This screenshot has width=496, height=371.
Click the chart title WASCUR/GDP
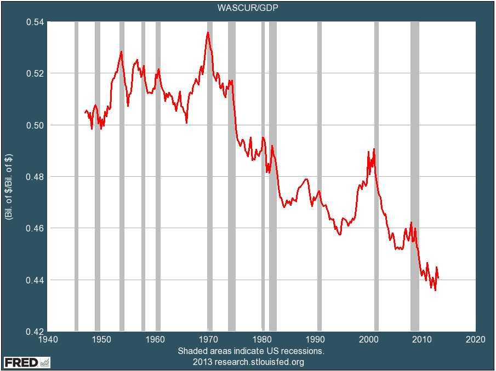pos(248,8)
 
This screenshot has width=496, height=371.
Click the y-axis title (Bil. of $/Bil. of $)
pos(9,176)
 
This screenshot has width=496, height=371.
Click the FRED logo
pos(27,362)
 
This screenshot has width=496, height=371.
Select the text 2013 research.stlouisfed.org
pos(248,362)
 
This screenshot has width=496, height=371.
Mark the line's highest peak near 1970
pos(208,32)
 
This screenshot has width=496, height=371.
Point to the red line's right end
pos(438,278)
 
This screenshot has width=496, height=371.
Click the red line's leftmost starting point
pos(84,112)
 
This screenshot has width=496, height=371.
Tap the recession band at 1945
pos(76,176)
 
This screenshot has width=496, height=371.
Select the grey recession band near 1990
pos(320,176)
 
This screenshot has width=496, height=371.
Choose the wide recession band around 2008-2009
pos(415,176)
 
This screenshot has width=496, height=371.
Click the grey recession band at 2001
pos(377,176)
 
